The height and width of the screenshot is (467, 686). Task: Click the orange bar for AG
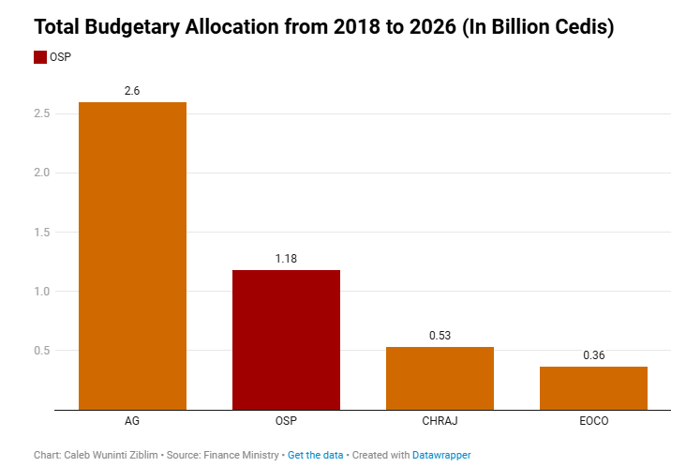(x=132, y=255)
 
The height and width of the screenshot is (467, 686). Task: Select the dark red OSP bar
(x=286, y=339)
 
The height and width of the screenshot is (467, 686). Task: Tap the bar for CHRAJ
(x=440, y=378)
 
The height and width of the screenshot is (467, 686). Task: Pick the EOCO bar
(x=593, y=387)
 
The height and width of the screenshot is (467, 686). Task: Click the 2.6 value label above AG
(x=132, y=90)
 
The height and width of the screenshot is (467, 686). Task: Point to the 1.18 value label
(x=286, y=258)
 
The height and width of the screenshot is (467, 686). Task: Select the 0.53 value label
(x=440, y=335)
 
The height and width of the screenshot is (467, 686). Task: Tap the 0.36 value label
(x=593, y=354)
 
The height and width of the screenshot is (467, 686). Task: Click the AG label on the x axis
(x=132, y=422)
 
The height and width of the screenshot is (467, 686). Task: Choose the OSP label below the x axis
(x=286, y=422)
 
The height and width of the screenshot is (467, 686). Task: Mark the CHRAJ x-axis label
(x=440, y=422)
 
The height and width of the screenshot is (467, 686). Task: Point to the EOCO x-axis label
(x=593, y=422)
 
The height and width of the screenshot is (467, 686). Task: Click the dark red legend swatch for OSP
(x=39, y=57)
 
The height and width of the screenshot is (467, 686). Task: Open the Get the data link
(x=314, y=455)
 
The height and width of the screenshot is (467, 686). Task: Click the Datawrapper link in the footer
(x=441, y=455)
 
